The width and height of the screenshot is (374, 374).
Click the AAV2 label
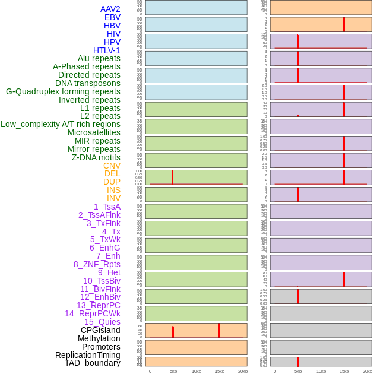pyautogui.click(x=110, y=9)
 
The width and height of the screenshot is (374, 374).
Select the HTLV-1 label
pyautogui.click(x=107, y=50)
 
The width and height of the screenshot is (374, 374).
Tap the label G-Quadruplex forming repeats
pyautogui.click(x=63, y=91)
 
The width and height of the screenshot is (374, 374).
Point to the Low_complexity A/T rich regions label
pyautogui.click(x=61, y=124)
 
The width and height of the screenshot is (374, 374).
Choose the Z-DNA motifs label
pyautogui.click(x=96, y=157)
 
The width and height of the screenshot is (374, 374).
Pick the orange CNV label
pyautogui.click(x=112, y=166)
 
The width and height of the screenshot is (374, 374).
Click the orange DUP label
pyautogui.click(x=112, y=182)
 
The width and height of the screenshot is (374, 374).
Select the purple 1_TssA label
pyautogui.click(x=107, y=207)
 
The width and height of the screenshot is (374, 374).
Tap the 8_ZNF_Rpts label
pyautogui.click(x=97, y=264)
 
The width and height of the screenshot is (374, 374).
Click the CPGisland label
pyautogui.click(x=100, y=330)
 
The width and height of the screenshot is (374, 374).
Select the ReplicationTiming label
pyautogui.click(x=88, y=355)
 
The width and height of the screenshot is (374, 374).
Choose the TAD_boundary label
pyautogui.click(x=93, y=363)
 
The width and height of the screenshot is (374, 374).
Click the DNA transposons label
pyautogui.click(x=88, y=83)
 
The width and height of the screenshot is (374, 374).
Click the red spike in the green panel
pyautogui.click(x=173, y=178)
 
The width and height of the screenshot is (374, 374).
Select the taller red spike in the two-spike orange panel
pyautogui.click(x=219, y=331)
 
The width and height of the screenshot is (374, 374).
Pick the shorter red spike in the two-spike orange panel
pyautogui.click(x=173, y=332)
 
